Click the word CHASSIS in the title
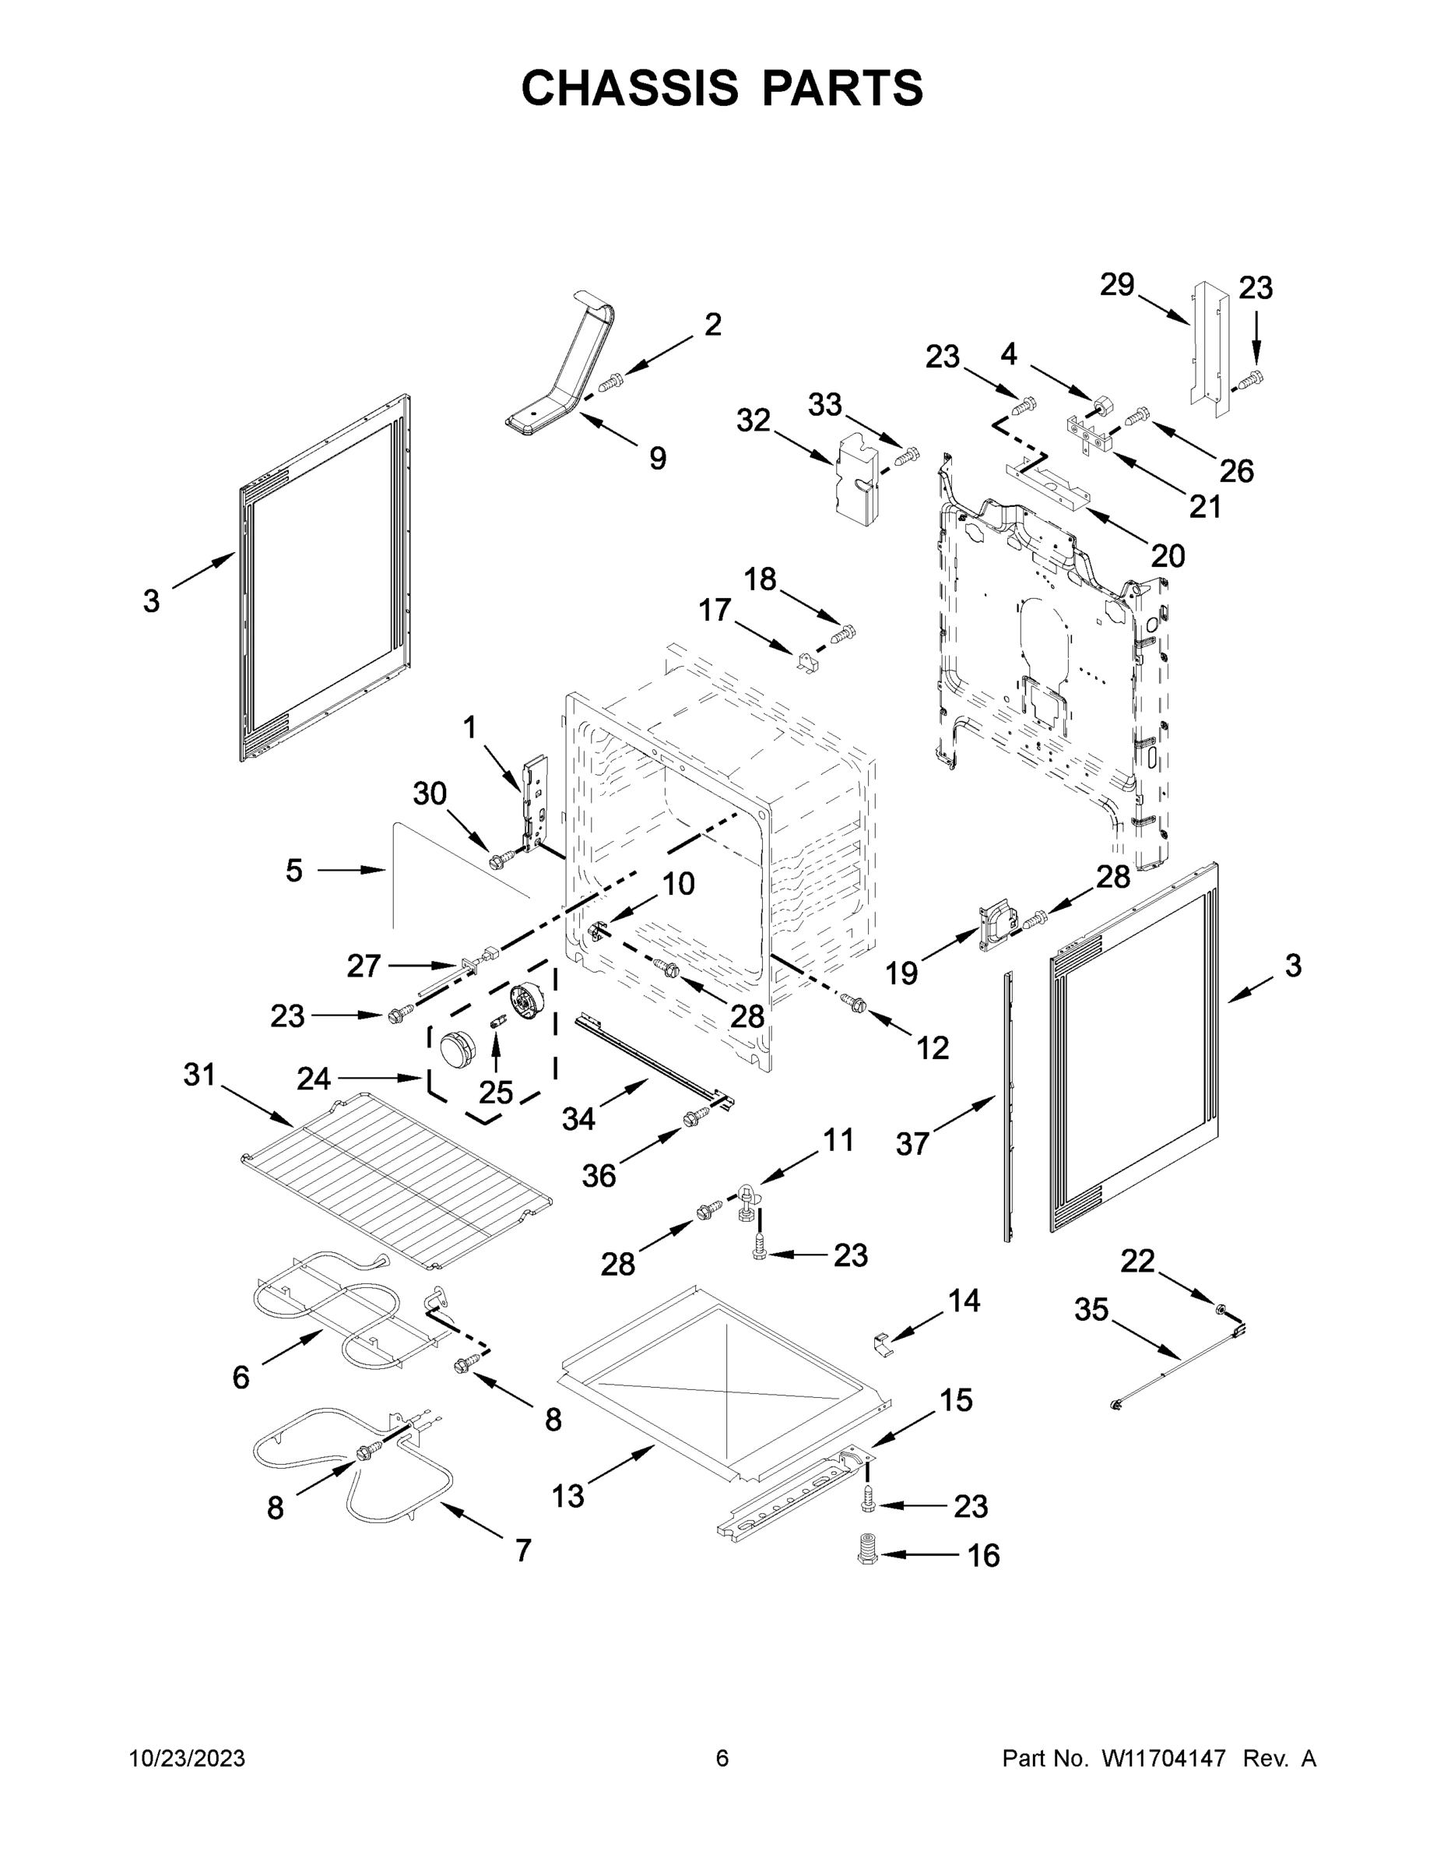click(630, 87)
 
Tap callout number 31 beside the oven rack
click(199, 1074)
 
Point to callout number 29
click(1116, 284)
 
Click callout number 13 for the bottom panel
click(567, 1496)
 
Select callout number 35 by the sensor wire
click(1091, 1309)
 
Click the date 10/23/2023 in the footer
click(188, 1758)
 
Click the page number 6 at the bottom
click(722, 1758)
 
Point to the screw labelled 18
click(844, 634)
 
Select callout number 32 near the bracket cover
click(753, 421)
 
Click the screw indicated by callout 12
click(853, 1002)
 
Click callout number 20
click(1167, 556)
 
